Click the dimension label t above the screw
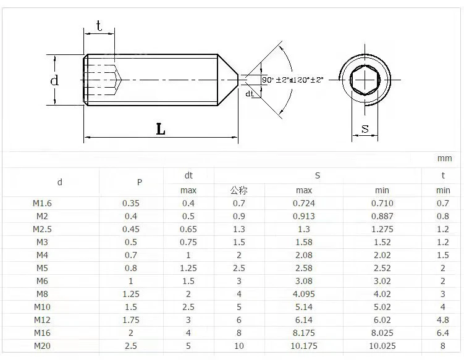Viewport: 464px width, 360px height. point(98,25)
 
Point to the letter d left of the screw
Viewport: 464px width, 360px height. point(54,80)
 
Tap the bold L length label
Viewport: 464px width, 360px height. point(161,128)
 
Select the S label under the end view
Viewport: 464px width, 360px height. point(365,128)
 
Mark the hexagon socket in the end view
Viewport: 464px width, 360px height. point(365,80)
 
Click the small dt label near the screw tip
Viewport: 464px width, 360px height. point(250,94)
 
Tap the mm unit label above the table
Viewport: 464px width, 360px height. point(444,159)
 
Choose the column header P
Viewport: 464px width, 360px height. point(140,182)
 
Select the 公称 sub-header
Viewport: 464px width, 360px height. point(238,190)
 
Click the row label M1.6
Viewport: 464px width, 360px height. point(43,203)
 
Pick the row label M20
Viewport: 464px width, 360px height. point(42,346)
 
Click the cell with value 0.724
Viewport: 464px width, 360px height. point(304,203)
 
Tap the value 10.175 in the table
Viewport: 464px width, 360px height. point(304,346)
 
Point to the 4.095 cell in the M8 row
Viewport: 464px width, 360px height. point(304,294)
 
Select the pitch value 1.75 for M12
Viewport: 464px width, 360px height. point(131,320)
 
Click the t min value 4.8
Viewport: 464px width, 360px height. point(443,320)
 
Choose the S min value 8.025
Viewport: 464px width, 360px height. point(382,333)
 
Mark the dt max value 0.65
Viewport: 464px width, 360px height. point(188,229)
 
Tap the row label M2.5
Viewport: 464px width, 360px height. point(43,229)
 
